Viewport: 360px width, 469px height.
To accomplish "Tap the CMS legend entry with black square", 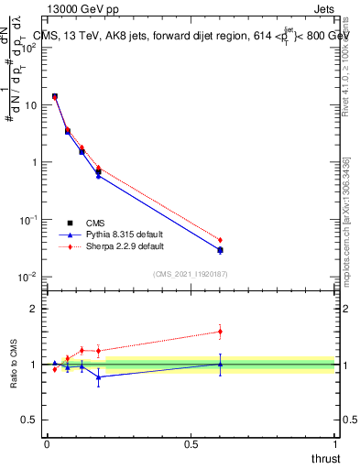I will tap(93, 223).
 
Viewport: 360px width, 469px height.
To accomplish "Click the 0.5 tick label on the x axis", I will tap(191, 444).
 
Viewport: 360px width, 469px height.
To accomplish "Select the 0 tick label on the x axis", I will tap(47, 444).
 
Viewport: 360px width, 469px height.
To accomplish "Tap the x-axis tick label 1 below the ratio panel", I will tap(334, 444).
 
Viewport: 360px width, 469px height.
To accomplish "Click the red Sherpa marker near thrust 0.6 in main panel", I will tap(220, 240).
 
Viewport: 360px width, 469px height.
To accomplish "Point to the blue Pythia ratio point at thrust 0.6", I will tap(220, 364).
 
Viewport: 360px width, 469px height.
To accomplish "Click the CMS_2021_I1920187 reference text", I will tap(191, 273).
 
